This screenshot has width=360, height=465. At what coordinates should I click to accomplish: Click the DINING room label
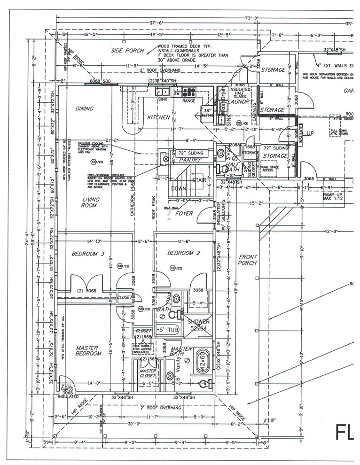(84, 108)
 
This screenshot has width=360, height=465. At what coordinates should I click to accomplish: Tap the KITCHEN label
(158, 117)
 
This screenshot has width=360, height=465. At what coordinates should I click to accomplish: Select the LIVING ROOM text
(90, 202)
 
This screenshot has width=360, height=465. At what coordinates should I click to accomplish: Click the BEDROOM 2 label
(184, 253)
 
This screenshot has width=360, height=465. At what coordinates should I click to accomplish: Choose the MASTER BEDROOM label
(88, 351)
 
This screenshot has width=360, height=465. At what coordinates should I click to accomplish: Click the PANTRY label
(189, 160)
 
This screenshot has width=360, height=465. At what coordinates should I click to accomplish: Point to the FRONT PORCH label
(247, 260)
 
